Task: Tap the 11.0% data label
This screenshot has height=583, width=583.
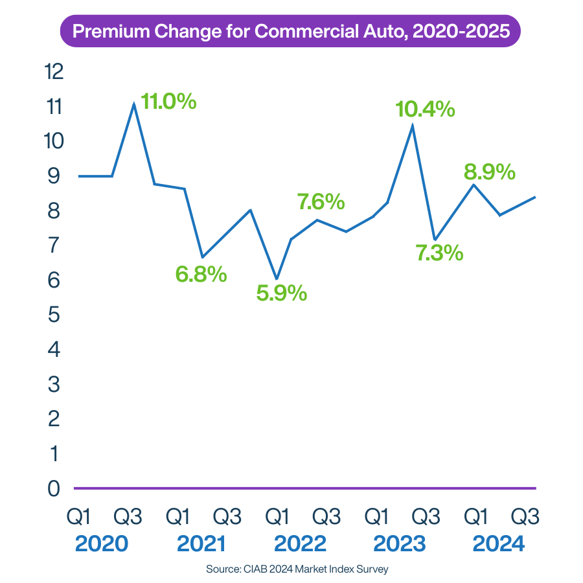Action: tap(168, 102)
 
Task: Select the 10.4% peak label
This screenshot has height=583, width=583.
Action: tap(426, 109)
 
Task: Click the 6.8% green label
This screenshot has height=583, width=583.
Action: tap(201, 274)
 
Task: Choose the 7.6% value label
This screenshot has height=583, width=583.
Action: tap(321, 201)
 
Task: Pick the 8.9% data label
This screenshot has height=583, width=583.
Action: tap(489, 172)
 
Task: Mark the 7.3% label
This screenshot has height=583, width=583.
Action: tap(439, 253)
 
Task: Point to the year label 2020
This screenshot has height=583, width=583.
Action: tap(101, 543)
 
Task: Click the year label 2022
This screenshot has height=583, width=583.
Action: tap(300, 543)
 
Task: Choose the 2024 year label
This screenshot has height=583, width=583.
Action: tap(499, 543)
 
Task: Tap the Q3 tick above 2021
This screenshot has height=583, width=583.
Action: tap(227, 516)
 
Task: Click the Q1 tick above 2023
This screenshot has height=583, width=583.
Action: tap(376, 516)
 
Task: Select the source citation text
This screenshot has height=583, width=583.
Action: tap(297, 569)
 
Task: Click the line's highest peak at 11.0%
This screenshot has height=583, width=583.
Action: tap(134, 104)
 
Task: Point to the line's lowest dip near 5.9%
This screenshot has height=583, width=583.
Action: tap(277, 279)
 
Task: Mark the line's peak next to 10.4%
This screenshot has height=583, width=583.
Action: tap(413, 126)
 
